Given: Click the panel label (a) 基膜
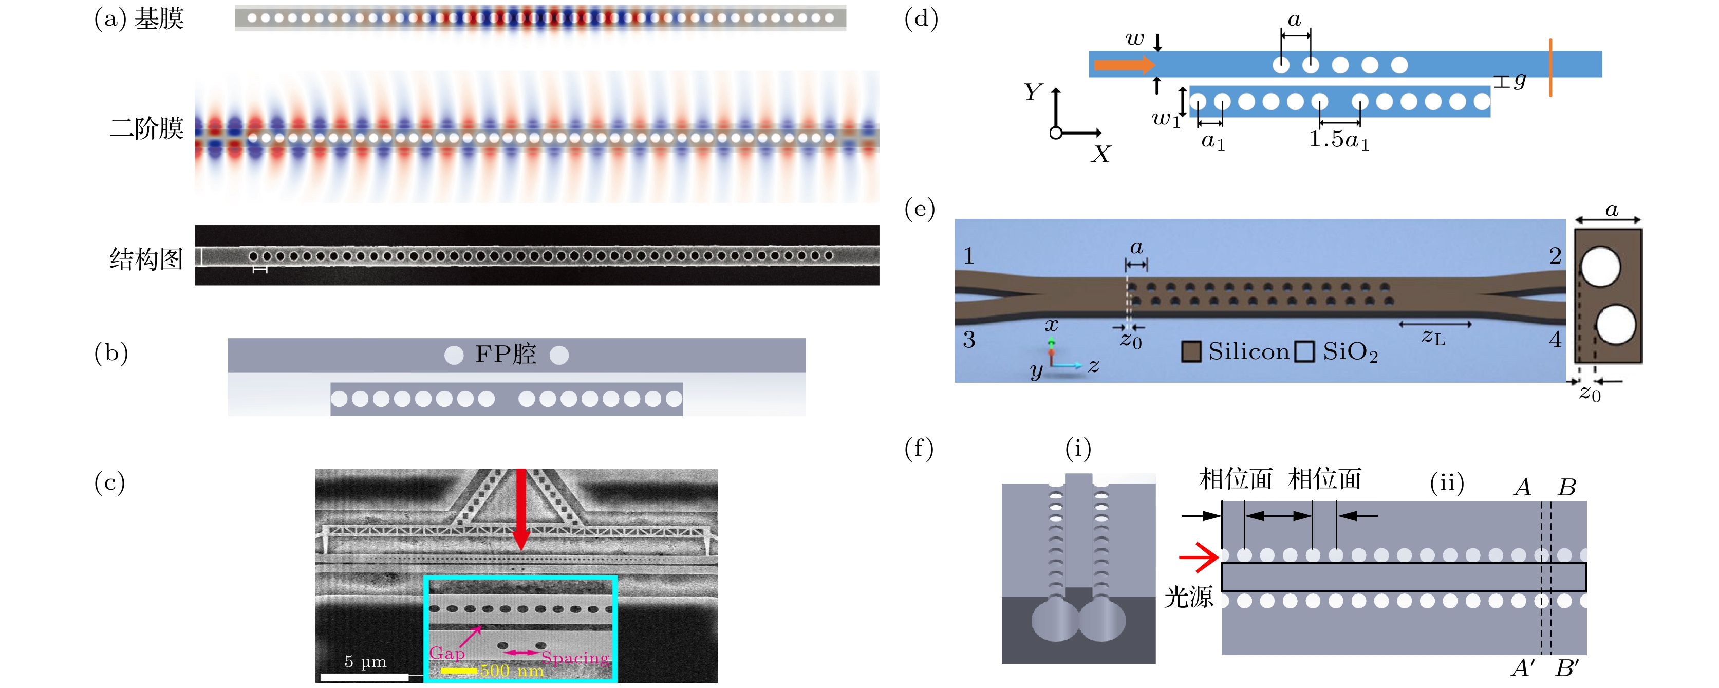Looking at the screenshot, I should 139,18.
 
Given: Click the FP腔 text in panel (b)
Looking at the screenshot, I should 505,355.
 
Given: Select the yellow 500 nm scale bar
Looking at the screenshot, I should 459,670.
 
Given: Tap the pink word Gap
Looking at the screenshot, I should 446,653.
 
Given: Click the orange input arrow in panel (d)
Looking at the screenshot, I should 1124,65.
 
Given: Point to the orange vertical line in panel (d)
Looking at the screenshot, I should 1550,67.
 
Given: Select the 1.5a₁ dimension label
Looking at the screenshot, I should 1339,139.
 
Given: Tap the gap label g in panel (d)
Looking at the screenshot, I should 1520,80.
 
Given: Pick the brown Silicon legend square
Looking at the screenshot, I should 1190,351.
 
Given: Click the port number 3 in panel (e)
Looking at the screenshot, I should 969,340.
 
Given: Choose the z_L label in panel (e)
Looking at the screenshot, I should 1433,337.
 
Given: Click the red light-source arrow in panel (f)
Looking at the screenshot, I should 1199,556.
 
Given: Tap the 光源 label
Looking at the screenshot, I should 1188,597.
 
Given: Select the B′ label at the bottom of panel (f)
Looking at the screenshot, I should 1567,667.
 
